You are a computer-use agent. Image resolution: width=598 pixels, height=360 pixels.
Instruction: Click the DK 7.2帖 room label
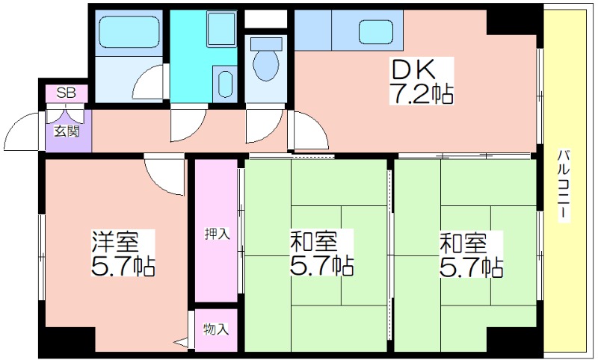(x=421, y=81)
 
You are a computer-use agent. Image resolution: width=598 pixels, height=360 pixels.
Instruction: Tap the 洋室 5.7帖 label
(x=123, y=253)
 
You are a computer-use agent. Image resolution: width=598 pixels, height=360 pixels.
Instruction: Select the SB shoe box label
(x=67, y=93)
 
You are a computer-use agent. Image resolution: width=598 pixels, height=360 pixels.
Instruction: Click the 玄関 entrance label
(x=67, y=131)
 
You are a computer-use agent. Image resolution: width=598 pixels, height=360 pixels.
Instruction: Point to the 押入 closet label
(x=217, y=233)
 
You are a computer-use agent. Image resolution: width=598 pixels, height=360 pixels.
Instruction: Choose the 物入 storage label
(x=216, y=329)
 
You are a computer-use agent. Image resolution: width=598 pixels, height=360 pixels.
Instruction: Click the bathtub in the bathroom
(x=129, y=31)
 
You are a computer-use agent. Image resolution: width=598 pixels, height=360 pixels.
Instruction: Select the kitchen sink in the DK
(x=376, y=31)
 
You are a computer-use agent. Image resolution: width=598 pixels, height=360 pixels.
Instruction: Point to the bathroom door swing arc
(x=146, y=82)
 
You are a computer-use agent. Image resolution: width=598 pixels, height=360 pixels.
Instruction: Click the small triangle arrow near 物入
(x=181, y=342)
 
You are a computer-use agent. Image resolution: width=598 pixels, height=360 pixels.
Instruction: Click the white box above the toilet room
(x=265, y=19)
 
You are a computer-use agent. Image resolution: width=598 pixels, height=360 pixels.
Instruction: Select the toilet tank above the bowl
(x=265, y=43)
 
